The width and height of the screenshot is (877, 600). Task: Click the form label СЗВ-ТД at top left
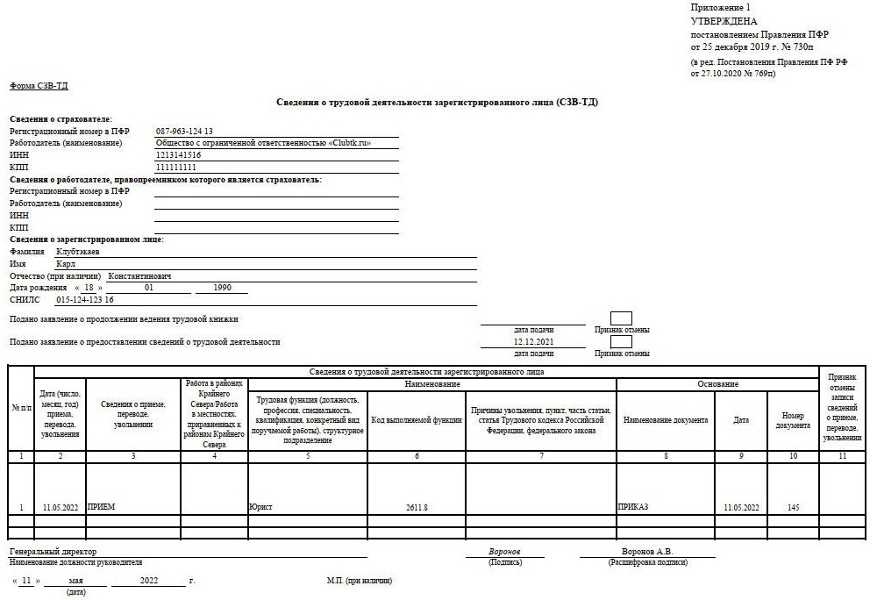point(39,86)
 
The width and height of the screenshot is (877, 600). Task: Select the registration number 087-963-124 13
point(184,131)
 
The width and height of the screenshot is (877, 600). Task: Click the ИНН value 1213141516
point(178,154)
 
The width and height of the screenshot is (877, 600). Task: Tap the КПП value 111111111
point(176,167)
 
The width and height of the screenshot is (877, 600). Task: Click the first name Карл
point(66,263)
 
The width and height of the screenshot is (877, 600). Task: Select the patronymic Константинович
point(146,275)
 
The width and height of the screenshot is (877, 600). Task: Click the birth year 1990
point(222,287)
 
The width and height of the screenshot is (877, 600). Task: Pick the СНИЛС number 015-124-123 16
point(85,299)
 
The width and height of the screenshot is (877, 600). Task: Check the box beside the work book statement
point(621,318)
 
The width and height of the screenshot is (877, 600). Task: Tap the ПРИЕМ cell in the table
point(102,507)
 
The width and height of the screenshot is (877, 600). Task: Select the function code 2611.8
point(417,507)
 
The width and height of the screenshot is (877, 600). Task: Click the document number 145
point(794,507)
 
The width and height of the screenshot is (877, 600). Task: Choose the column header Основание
point(717,384)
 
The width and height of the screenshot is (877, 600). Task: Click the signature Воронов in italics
point(504,551)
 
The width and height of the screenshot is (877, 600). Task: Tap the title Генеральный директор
point(53,551)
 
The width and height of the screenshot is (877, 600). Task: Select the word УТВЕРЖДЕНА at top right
point(724,20)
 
